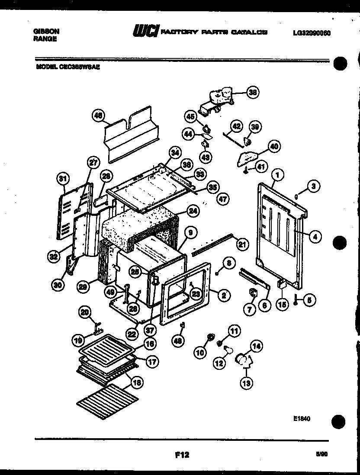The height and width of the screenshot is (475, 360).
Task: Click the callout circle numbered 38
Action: tap(252, 92)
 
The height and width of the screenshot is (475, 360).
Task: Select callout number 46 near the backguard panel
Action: tap(99, 116)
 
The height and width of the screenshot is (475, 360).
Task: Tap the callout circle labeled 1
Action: tap(277, 175)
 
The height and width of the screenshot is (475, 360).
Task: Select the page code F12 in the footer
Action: tap(182, 455)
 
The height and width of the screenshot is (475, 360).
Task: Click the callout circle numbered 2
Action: tap(224, 296)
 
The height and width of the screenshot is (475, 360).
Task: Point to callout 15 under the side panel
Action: tap(282, 305)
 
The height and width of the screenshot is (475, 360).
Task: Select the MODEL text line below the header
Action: tap(68, 67)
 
